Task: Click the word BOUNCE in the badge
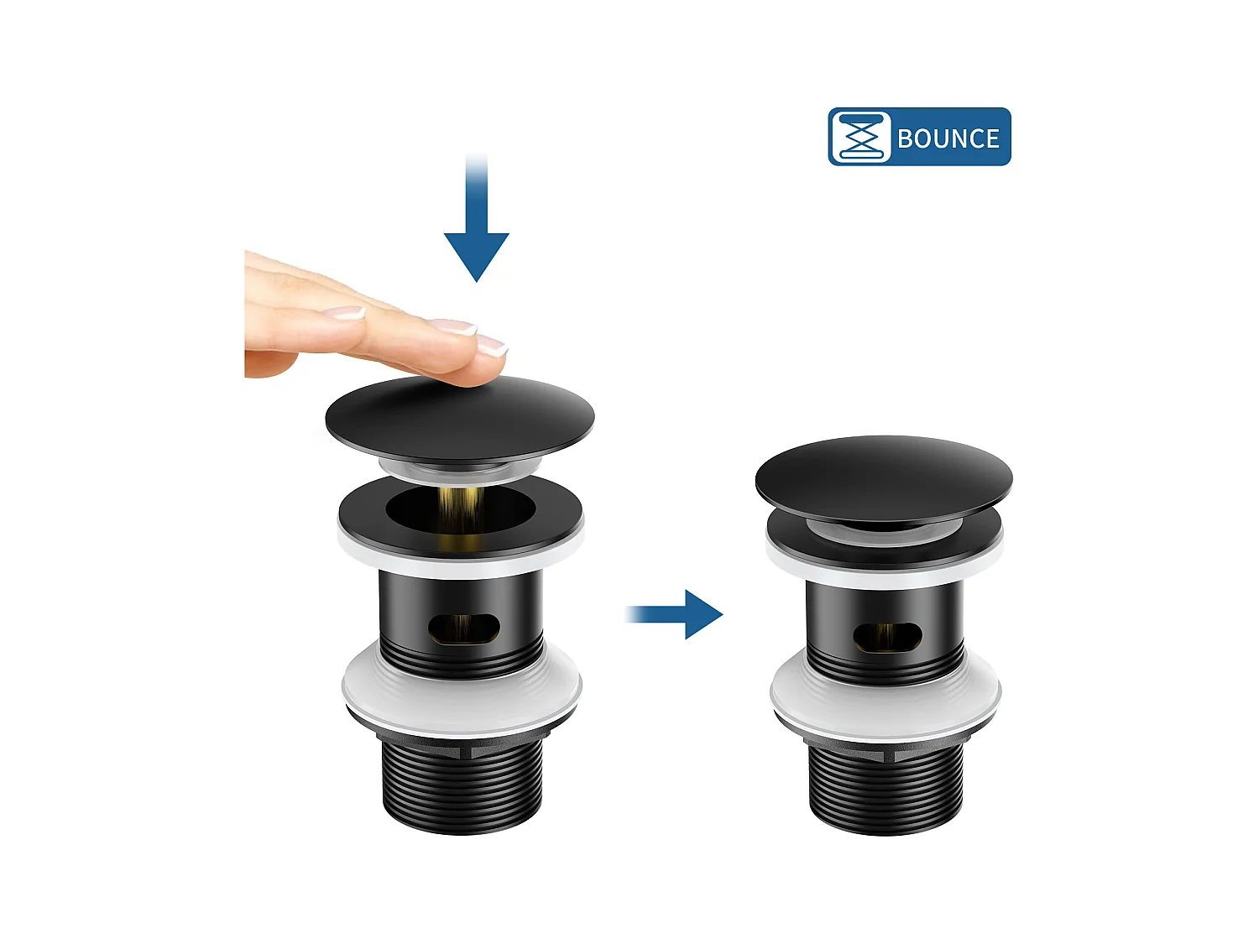tap(948, 138)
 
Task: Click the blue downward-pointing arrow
tap(476, 218)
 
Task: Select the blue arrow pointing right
tap(674, 614)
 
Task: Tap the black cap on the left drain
tap(459, 420)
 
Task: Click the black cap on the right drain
tap(884, 478)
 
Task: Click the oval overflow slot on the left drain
tap(464, 628)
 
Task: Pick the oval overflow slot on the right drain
tap(887, 636)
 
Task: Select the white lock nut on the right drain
tap(885, 695)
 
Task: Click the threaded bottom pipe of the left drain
tap(462, 788)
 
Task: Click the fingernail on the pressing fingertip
tap(493, 345)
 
